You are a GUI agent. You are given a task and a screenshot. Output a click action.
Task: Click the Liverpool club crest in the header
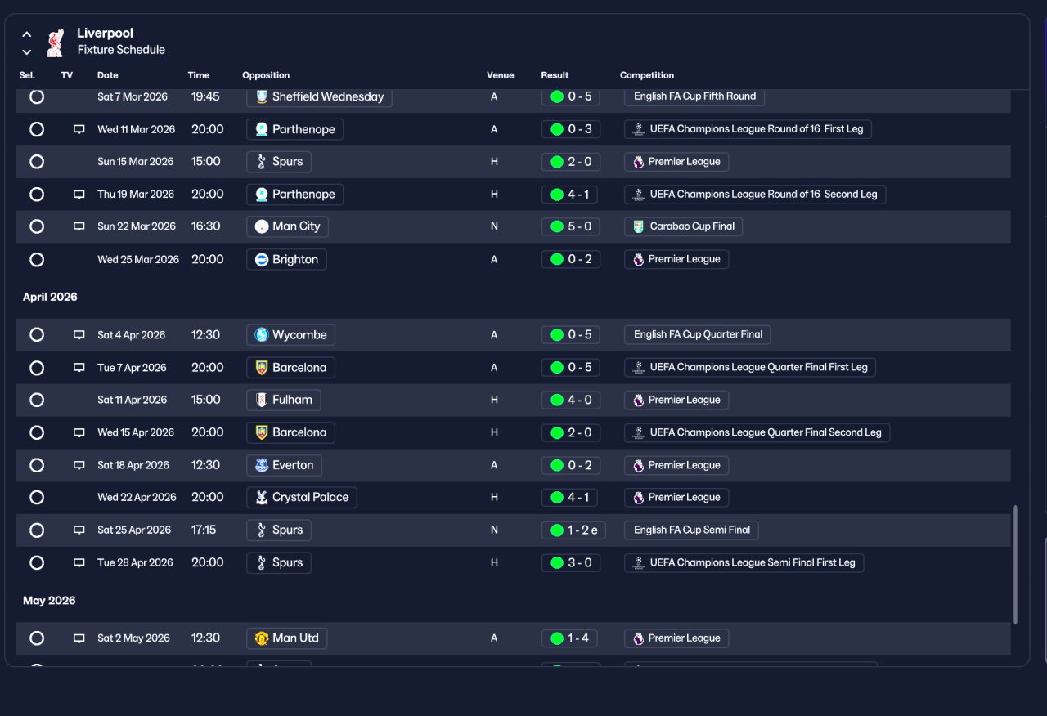point(56,43)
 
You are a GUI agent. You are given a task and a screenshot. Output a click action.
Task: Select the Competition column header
point(647,75)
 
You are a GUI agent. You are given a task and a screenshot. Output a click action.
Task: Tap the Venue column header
point(500,75)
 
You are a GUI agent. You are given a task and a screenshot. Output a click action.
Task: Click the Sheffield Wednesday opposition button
point(319,96)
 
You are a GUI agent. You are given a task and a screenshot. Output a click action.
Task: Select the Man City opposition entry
point(287,226)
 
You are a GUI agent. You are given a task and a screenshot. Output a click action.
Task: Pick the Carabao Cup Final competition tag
point(683,226)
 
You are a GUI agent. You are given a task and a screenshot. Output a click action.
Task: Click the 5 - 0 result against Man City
point(571,226)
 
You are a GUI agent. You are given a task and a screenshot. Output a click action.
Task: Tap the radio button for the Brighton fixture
point(37,260)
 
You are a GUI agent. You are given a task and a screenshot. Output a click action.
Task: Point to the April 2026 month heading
point(50,297)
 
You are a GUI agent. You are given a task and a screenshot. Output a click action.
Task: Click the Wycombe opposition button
point(290,335)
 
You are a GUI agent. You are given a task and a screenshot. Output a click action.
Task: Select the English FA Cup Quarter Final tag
point(698,335)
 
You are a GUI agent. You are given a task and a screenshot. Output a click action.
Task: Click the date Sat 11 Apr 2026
point(133,400)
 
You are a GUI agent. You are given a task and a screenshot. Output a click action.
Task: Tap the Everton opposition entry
point(284,465)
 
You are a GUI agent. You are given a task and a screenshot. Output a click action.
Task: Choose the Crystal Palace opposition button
point(302,498)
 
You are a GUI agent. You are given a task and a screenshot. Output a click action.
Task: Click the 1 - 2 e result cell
point(573,530)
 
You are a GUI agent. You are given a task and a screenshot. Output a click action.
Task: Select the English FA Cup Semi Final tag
point(691,530)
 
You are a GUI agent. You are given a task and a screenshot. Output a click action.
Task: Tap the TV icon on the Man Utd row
point(79,638)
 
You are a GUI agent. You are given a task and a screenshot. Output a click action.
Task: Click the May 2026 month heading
point(49,601)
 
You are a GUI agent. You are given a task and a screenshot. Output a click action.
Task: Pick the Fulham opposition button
point(284,400)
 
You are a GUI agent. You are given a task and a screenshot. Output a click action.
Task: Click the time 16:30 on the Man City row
point(205,226)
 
